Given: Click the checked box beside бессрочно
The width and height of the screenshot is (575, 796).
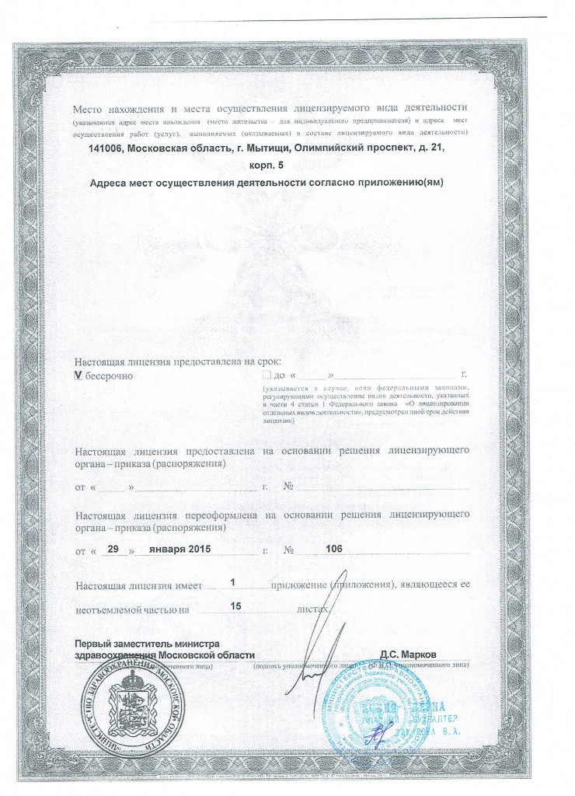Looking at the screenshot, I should click(x=78, y=375).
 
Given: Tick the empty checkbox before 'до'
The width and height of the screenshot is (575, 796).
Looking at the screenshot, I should click(x=267, y=375).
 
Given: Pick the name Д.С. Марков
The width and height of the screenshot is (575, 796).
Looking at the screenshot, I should click(x=413, y=655).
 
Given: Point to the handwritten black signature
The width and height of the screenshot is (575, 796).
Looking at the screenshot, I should click(x=315, y=653).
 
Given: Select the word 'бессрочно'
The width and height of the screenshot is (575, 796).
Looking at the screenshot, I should click(x=109, y=376).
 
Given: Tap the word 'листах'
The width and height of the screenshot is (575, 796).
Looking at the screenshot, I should click(x=312, y=610).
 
